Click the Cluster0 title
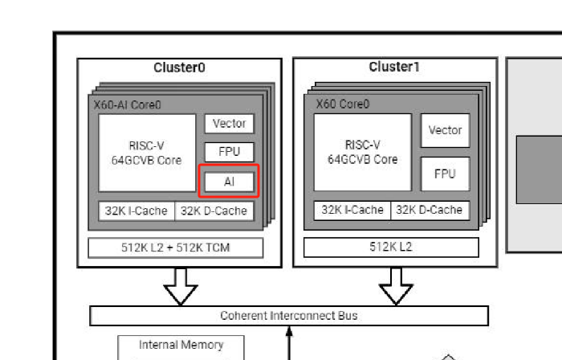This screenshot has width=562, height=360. (179, 67)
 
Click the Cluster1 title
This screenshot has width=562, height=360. (394, 67)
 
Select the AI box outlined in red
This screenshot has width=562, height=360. (229, 182)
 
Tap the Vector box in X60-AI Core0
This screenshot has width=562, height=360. (230, 123)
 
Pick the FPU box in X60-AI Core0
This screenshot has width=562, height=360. (230, 152)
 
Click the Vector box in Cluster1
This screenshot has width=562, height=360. (445, 130)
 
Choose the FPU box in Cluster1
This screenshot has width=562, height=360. (445, 174)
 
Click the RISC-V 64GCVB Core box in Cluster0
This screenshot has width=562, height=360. (147, 153)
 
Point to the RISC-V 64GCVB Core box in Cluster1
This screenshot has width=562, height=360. (363, 153)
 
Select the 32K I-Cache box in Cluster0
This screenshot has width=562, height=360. (136, 211)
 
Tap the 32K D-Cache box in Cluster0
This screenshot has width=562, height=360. (214, 211)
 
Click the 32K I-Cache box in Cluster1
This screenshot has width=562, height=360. (352, 210)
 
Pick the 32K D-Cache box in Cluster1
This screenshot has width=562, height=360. (430, 210)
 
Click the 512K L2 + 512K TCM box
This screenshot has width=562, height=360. (176, 247)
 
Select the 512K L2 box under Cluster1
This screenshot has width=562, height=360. (391, 247)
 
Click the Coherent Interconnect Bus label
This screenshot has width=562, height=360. (289, 316)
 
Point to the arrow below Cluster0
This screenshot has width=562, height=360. (181, 287)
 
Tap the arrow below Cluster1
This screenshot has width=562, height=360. (396, 287)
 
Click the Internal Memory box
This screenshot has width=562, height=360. (181, 348)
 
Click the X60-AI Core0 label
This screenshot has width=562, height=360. (127, 105)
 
